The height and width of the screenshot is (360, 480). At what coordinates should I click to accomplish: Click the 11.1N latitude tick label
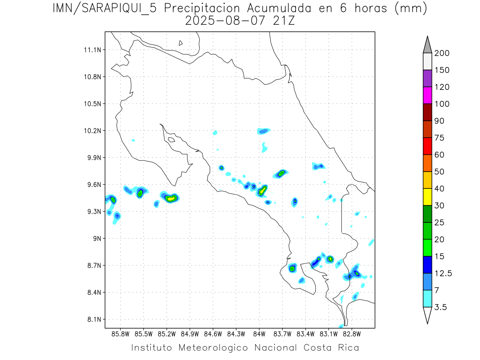(x=91, y=50)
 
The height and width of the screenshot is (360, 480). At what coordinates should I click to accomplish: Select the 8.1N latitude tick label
(x=93, y=319)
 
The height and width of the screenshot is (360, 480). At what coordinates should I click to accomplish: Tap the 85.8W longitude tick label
(x=120, y=333)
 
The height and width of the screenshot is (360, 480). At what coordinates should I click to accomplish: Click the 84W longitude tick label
(x=259, y=333)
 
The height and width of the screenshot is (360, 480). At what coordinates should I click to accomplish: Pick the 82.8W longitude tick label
(x=352, y=333)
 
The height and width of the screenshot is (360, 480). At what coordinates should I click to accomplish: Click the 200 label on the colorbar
(x=442, y=53)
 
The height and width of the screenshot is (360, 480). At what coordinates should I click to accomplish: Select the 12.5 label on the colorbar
(x=443, y=273)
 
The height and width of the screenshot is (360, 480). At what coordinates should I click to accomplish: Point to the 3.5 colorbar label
(x=440, y=307)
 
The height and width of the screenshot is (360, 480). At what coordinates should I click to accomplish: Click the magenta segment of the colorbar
(x=427, y=95)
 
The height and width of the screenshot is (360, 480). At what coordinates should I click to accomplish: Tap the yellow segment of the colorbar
(x=427, y=197)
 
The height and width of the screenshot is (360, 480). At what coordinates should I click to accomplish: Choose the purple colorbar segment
(x=427, y=78)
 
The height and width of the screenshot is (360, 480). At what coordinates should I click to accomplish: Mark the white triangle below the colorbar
(x=427, y=315)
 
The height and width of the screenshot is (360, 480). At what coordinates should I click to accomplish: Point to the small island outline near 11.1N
(x=181, y=43)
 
